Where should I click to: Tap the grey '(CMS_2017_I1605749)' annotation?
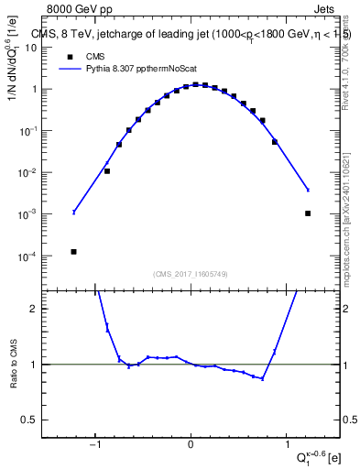point(191,273)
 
